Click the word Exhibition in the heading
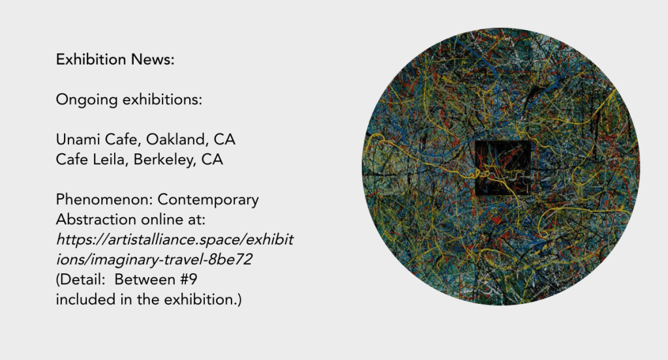coord(91,59)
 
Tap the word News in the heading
coord(153,59)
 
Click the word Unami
coord(78,140)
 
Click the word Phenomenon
coord(104,200)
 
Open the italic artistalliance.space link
coord(175,240)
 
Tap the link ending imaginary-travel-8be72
coord(154,260)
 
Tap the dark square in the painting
coord(503,168)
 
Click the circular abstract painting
coord(501,166)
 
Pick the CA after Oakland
coord(224,140)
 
